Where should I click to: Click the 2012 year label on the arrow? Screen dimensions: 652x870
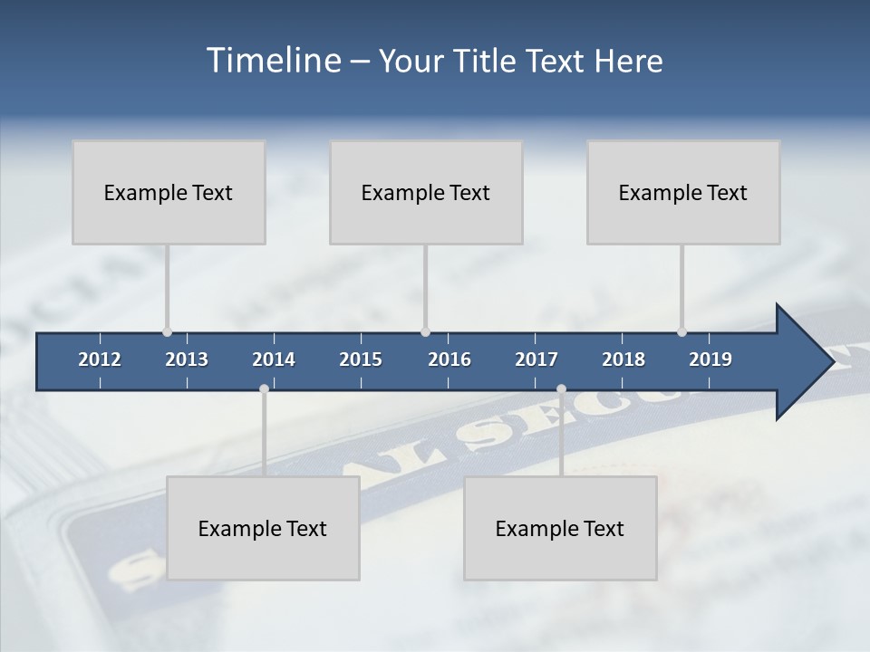pyautogui.click(x=100, y=360)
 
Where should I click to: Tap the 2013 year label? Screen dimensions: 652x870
pyautogui.click(x=187, y=360)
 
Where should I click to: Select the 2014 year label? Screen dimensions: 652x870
pyautogui.click(x=274, y=360)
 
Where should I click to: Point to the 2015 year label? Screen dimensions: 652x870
pyautogui.click(x=361, y=360)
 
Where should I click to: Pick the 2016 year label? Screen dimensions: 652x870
pyautogui.click(x=449, y=360)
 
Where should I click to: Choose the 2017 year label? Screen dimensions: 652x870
pyautogui.click(x=536, y=360)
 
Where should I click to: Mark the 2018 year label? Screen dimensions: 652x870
pyautogui.click(x=623, y=360)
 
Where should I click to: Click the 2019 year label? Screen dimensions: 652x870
pyautogui.click(x=710, y=360)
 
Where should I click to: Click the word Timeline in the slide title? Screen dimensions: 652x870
pyautogui.click(x=273, y=61)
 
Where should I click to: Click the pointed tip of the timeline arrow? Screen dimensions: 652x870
pyautogui.click(x=833, y=362)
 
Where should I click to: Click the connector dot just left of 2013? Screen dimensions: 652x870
pyautogui.click(x=167, y=331)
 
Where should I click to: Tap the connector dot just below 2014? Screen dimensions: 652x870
pyautogui.click(x=264, y=389)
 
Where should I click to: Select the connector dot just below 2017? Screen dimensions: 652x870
pyautogui.click(x=561, y=389)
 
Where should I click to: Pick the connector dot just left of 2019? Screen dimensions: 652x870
pyautogui.click(x=681, y=331)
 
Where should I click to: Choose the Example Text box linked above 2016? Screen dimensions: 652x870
pyautogui.click(x=426, y=192)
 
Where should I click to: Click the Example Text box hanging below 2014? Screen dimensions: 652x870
pyautogui.click(x=263, y=528)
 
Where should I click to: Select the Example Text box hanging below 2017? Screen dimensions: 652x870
pyautogui.click(x=560, y=528)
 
